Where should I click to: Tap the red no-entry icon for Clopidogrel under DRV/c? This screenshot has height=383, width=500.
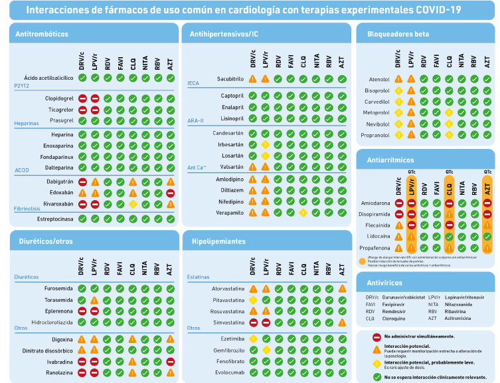point(82,98)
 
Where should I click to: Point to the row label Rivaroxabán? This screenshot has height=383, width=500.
point(54,204)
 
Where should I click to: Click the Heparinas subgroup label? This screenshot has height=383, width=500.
point(27,123)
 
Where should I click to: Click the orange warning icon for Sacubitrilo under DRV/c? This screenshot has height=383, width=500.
point(253,79)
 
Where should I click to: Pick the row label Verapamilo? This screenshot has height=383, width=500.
point(227,213)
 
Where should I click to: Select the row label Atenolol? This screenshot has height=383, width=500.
point(379,80)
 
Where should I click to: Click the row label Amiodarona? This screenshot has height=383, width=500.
point(375,203)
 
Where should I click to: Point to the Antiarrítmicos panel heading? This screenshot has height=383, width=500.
point(391,160)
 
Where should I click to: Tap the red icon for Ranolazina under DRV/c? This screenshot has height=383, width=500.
point(82,373)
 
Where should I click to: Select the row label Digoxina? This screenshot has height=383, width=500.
point(60,339)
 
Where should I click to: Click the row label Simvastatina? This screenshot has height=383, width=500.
point(226,322)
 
